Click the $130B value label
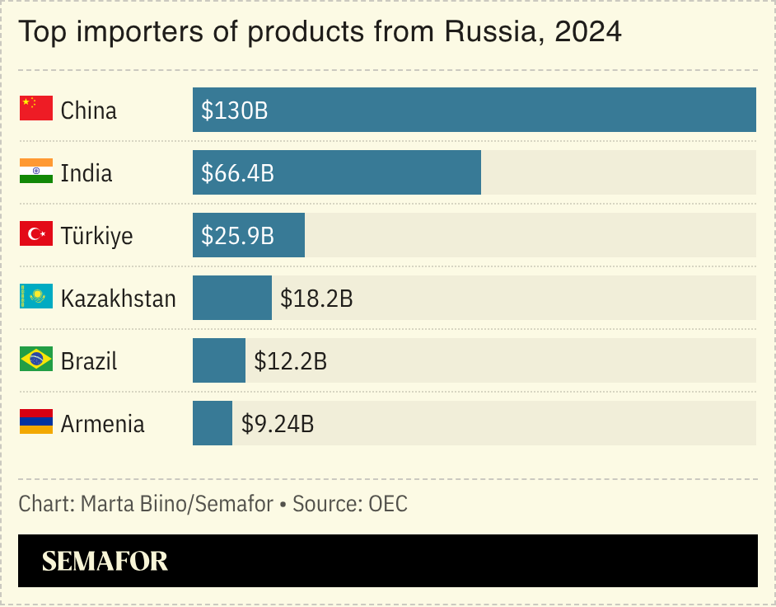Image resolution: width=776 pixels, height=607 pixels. pyautogui.click(x=235, y=111)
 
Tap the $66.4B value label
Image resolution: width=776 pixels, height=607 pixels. pyautogui.click(x=238, y=173)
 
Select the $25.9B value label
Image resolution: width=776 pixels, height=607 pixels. pyautogui.click(x=238, y=236)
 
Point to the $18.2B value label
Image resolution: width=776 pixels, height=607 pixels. pyautogui.click(x=316, y=299)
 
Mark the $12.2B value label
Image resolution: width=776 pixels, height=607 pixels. pyautogui.click(x=290, y=361)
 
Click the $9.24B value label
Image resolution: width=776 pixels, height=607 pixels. pyautogui.click(x=278, y=424)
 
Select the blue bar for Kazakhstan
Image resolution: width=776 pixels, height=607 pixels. pyautogui.click(x=232, y=298)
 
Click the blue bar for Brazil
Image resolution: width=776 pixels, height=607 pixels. pyautogui.click(x=219, y=360)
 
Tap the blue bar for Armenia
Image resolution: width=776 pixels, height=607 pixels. pyautogui.click(x=213, y=423)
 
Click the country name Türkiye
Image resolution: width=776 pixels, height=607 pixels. pyautogui.click(x=96, y=236)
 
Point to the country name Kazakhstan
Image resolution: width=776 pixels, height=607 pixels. pyautogui.click(x=119, y=299)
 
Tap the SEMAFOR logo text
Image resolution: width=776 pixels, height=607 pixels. pyautogui.click(x=105, y=561)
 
